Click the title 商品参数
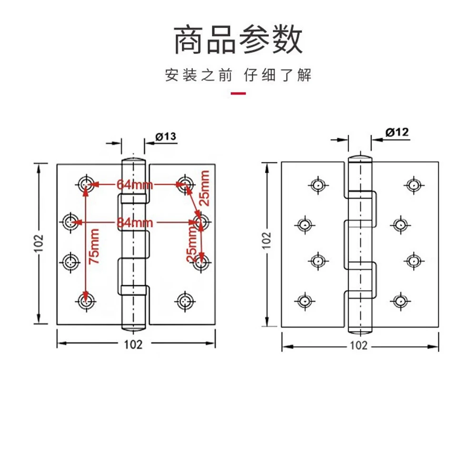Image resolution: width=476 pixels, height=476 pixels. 238,40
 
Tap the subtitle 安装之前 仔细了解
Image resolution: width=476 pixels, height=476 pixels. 238,75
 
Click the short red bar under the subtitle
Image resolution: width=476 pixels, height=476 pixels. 238,93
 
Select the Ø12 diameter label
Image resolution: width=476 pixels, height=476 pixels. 397,133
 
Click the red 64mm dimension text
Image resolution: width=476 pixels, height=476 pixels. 131,184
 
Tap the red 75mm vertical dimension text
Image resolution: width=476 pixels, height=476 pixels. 94,246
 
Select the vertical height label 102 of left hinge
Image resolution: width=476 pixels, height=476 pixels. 40,243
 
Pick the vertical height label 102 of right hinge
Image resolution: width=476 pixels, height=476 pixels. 267,240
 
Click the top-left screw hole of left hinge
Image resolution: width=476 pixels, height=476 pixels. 86,182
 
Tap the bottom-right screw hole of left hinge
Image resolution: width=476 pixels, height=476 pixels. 184,301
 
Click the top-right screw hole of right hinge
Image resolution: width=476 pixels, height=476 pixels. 413,184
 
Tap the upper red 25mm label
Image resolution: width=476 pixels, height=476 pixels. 205,188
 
